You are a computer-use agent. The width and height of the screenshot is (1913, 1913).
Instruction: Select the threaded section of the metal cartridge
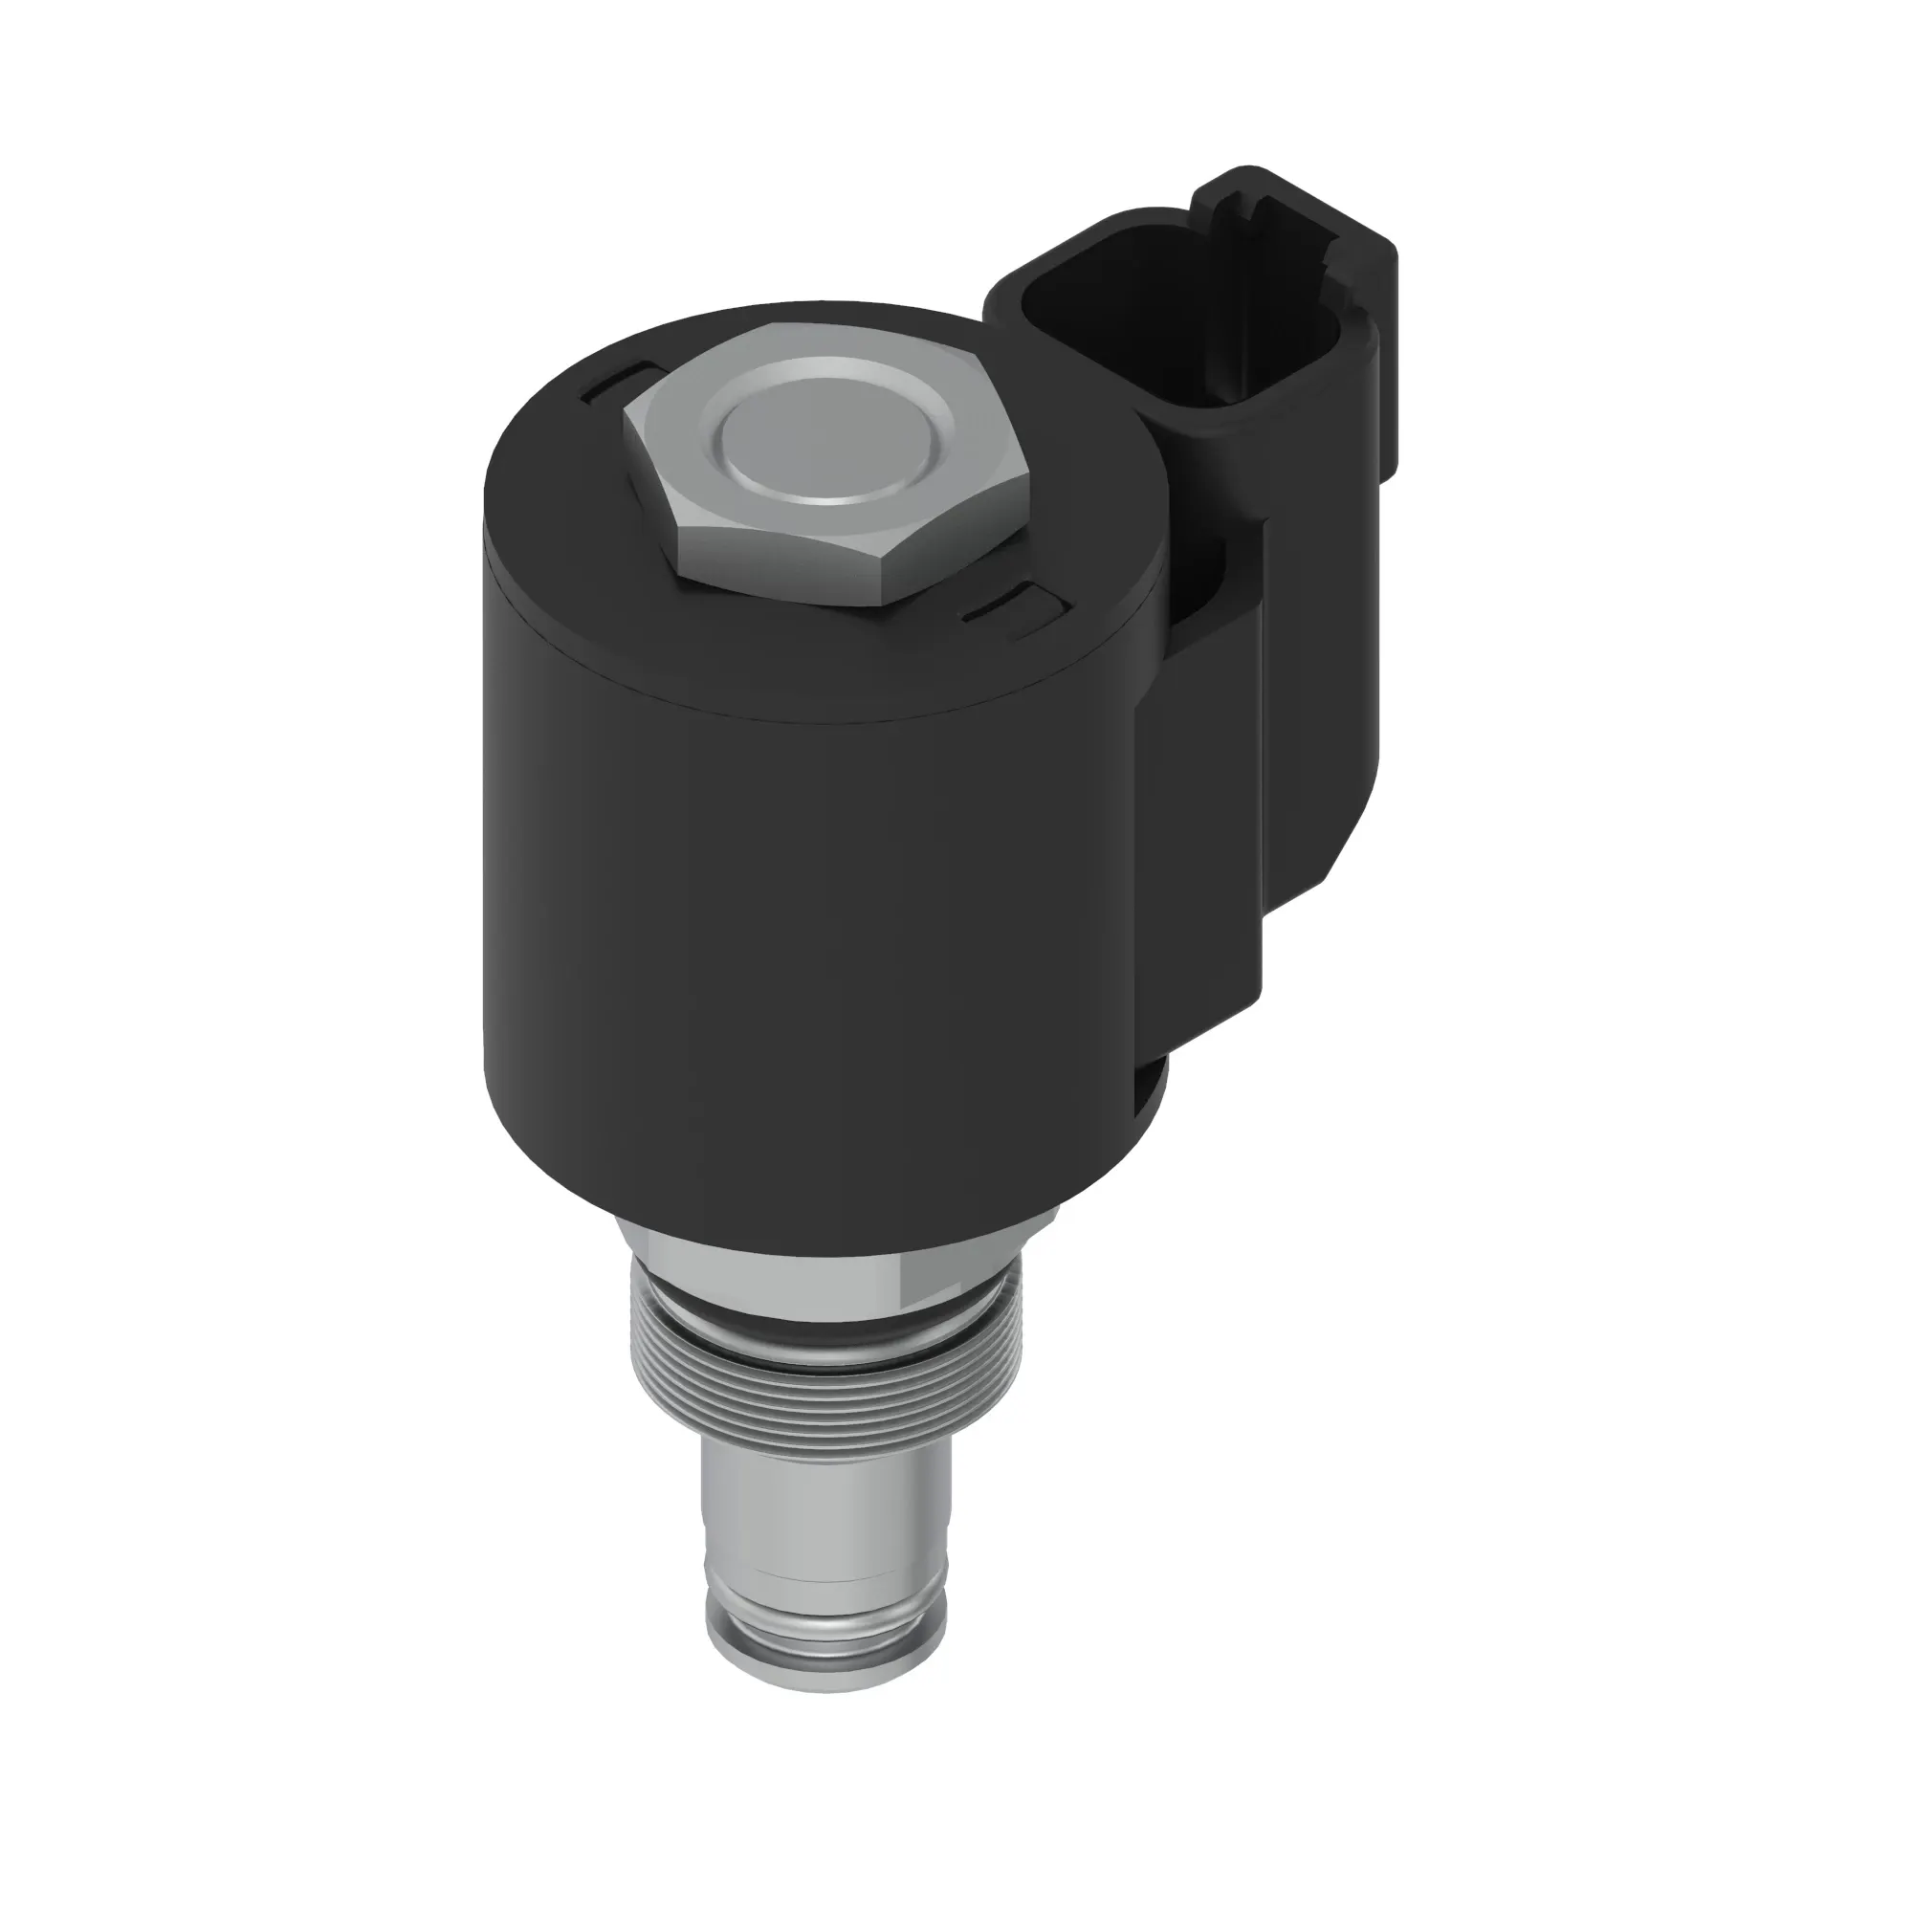click(822, 1406)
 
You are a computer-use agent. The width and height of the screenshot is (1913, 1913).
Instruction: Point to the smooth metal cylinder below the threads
click(822, 1515)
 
